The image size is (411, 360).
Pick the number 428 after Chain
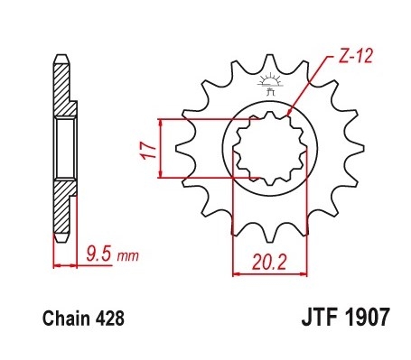click(107, 318)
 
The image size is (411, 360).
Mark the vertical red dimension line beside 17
click(160, 148)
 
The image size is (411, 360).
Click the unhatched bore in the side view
click(64, 148)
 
